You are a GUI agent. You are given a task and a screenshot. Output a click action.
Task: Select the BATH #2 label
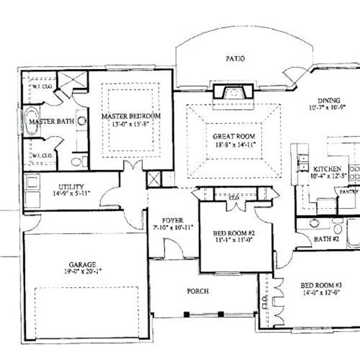(327, 239)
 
